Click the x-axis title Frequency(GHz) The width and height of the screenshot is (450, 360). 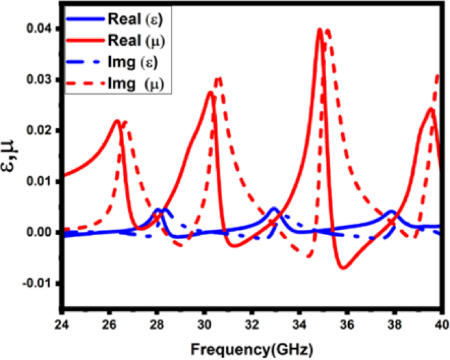coord(252,347)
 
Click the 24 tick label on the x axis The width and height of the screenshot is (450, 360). coord(62,325)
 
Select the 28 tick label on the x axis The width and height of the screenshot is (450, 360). coord(156,325)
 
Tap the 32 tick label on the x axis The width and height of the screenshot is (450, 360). coord(252,325)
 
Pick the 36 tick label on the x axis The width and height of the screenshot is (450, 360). coord(347,325)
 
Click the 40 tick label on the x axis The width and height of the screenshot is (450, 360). coord(441,325)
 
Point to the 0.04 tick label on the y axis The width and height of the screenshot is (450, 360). coord(39,29)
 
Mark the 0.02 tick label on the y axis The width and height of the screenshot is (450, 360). coord(39,131)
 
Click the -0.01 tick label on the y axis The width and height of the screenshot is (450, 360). coord(37,283)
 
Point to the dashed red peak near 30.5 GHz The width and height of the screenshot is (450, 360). coord(219,78)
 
